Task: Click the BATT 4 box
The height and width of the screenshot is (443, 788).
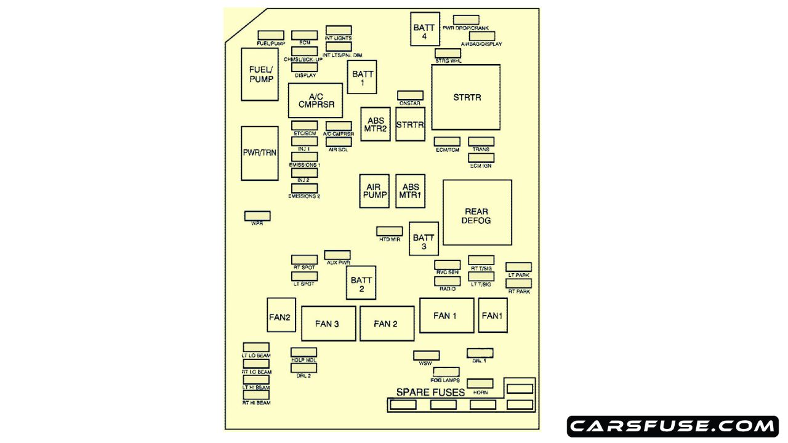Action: (425, 29)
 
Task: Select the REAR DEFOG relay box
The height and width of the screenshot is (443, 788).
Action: (477, 212)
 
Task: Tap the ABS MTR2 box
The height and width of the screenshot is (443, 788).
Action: (376, 124)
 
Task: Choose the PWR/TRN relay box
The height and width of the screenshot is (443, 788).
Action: (259, 153)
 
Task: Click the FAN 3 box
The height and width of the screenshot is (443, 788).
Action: (328, 324)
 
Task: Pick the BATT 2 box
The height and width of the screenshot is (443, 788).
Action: (361, 284)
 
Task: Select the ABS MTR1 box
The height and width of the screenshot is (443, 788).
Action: (410, 191)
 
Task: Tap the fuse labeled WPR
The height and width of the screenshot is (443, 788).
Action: (257, 216)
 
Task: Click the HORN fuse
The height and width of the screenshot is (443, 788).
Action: (480, 384)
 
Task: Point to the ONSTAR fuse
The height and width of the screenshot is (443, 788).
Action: (410, 95)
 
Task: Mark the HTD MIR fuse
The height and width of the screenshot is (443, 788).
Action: (390, 231)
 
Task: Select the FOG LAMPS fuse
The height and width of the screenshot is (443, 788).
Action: (446, 372)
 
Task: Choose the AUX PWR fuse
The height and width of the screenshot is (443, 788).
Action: (337, 255)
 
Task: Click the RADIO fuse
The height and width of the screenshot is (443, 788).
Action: (448, 281)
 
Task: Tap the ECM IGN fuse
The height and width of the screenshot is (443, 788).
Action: (481, 158)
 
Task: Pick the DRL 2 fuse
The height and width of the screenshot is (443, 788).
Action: (304, 367)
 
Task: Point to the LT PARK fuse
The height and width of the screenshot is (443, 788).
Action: (519, 266)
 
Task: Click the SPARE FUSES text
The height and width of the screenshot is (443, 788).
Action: (430, 392)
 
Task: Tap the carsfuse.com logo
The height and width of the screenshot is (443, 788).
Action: (673, 426)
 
